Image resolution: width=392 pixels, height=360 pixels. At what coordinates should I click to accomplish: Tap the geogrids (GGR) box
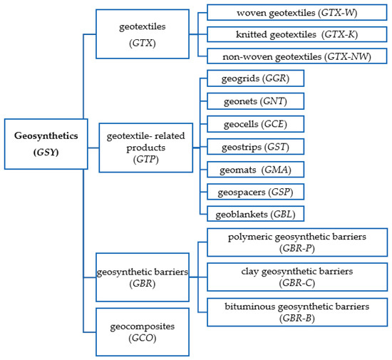click(x=255, y=78)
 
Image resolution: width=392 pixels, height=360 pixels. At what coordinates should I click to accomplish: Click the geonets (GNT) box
click(x=255, y=101)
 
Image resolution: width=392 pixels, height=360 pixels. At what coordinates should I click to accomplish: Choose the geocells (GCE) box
click(x=255, y=124)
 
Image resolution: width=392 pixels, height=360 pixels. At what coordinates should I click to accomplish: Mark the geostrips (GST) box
click(x=255, y=146)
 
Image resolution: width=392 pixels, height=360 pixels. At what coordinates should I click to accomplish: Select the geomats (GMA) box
click(x=255, y=169)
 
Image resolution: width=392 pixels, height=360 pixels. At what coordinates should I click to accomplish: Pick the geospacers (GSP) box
click(x=255, y=191)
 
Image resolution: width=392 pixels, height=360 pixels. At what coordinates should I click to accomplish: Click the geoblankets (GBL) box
click(x=255, y=213)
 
